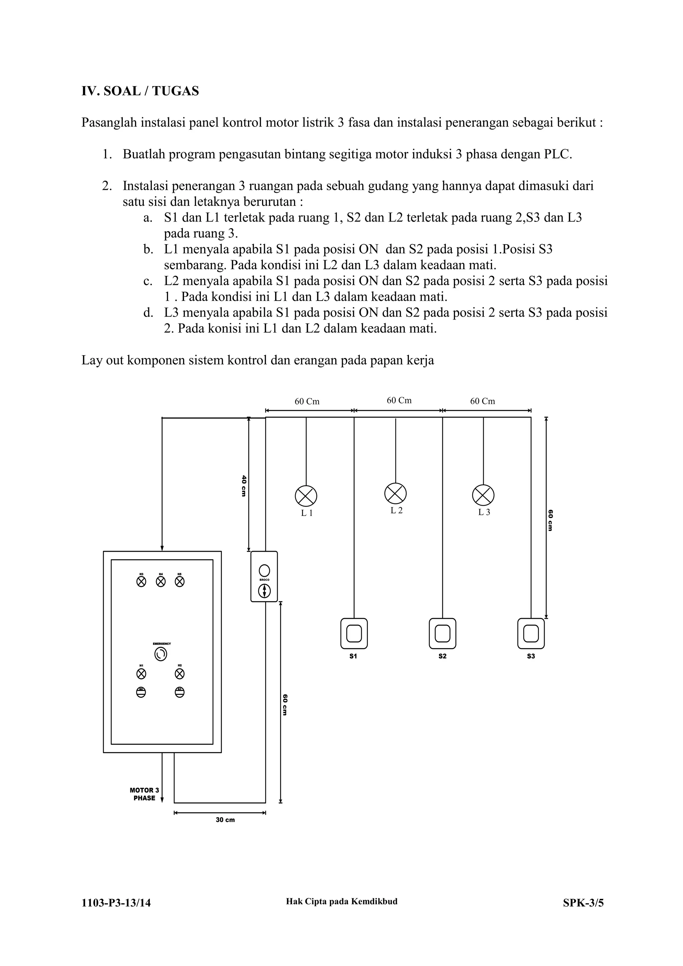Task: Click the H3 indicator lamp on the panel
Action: [141, 582]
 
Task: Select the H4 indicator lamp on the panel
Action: [161, 582]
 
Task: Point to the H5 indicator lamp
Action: [179, 582]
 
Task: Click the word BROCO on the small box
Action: [264, 580]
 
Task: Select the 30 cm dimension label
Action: [225, 820]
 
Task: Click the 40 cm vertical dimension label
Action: [243, 486]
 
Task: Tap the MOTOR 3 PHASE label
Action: [144, 794]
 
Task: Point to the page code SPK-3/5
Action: [583, 903]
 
